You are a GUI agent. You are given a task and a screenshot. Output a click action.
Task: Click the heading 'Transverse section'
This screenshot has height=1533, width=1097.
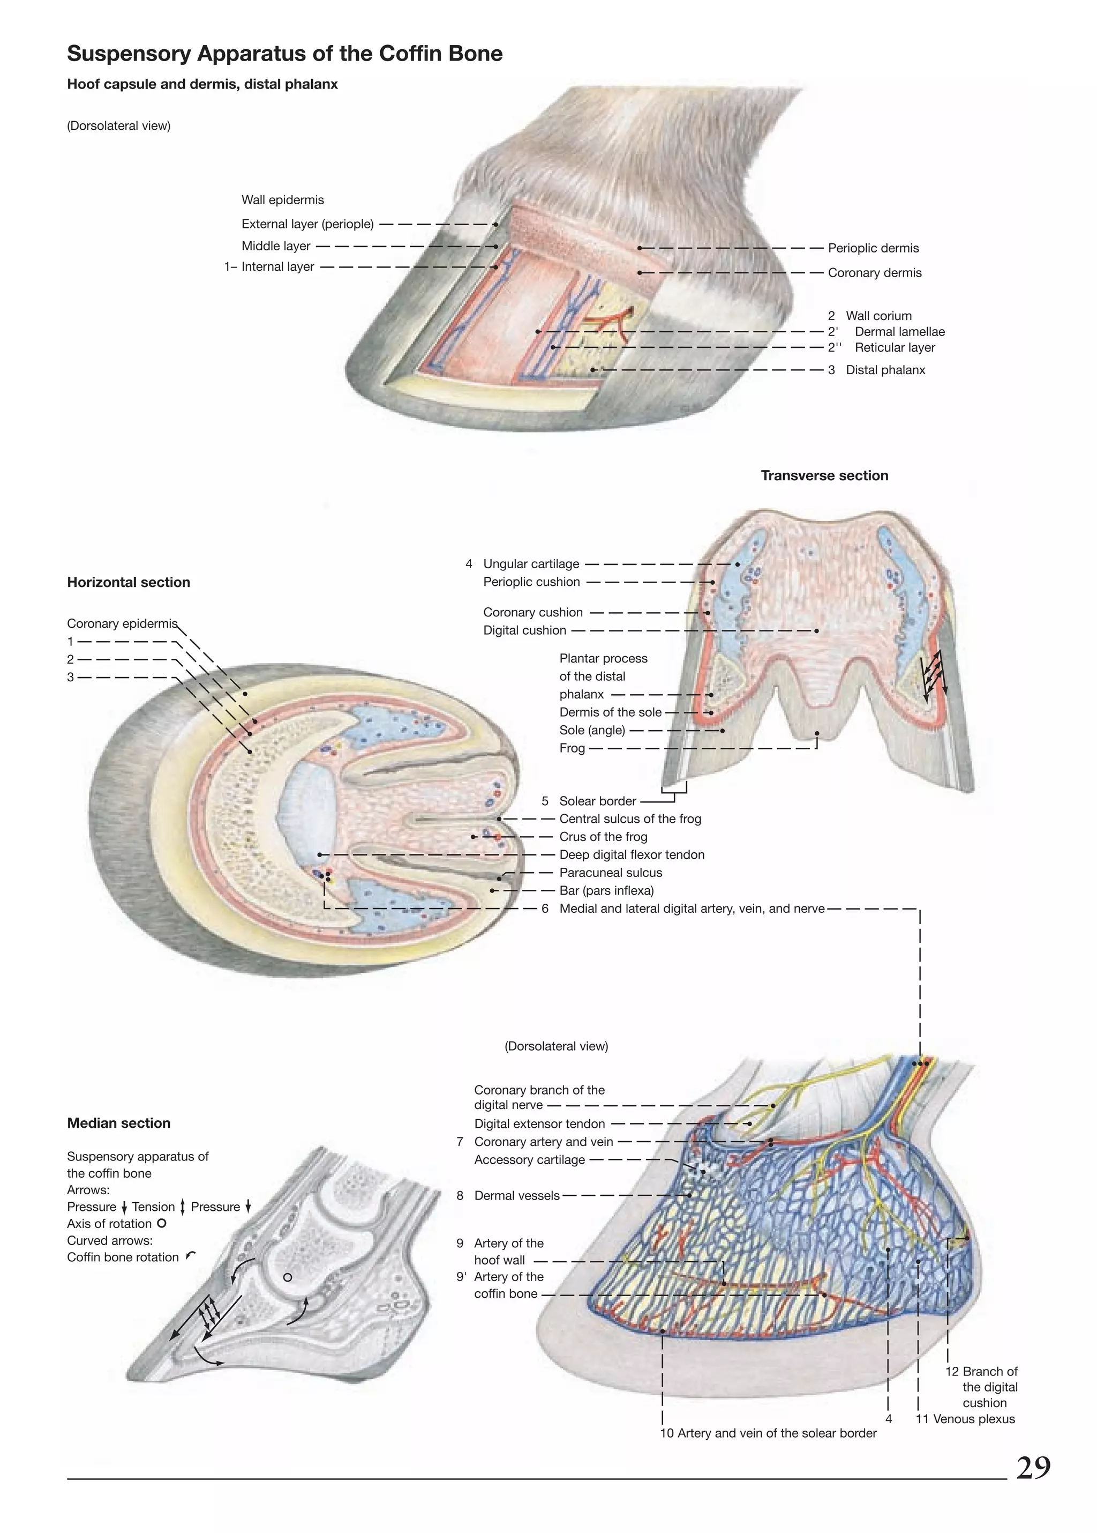(824, 475)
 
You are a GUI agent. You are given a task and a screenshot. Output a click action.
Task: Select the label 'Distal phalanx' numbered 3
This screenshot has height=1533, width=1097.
(885, 370)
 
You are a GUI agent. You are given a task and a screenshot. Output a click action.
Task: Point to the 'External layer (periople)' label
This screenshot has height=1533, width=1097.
(307, 224)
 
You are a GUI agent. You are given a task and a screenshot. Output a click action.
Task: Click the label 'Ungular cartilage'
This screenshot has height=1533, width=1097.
(531, 564)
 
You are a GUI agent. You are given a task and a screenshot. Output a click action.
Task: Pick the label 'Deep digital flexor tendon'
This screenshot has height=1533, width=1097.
(632, 854)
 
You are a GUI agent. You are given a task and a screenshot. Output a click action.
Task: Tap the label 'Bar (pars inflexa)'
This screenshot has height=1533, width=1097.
(606, 890)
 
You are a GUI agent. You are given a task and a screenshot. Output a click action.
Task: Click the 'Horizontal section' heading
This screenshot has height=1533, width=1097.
(129, 582)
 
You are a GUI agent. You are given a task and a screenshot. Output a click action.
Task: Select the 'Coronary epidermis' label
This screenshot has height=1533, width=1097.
(122, 623)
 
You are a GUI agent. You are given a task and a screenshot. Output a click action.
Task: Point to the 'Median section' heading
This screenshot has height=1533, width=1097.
(119, 1123)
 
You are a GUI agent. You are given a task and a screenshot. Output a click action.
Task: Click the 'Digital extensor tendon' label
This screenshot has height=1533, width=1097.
(539, 1123)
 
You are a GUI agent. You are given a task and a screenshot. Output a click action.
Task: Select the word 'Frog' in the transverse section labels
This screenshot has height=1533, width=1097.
(572, 748)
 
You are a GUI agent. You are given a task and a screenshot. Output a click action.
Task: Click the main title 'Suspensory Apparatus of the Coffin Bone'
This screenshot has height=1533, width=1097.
(284, 54)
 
